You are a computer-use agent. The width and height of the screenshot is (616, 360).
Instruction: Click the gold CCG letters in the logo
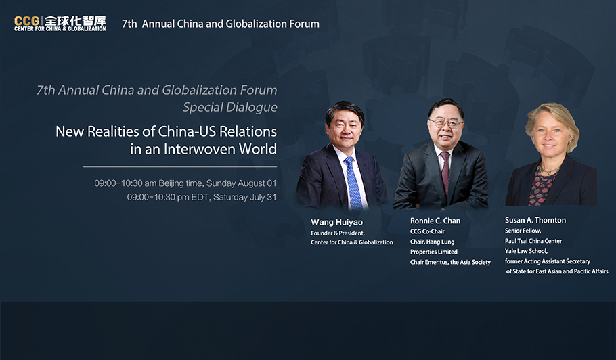[26, 21]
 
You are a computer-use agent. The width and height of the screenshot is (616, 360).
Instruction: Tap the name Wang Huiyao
[336, 222]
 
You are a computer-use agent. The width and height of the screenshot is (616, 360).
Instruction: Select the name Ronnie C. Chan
[435, 221]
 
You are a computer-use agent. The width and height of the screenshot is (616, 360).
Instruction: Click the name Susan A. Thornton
[535, 220]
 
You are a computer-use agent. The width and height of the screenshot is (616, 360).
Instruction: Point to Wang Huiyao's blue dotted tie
[353, 183]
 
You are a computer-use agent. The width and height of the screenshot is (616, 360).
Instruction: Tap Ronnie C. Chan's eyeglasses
[446, 124]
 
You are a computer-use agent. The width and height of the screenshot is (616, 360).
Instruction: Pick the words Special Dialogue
[230, 107]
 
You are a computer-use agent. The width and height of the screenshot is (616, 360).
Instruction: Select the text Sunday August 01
[241, 183]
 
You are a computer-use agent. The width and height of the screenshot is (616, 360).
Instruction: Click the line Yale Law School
[526, 251]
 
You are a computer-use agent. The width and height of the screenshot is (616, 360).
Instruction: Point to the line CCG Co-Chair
[427, 231]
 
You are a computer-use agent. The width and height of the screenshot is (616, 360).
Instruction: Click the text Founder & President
[338, 233]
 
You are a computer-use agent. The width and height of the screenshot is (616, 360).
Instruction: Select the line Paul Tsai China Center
[533, 241]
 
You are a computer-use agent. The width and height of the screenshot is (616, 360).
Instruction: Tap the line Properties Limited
[434, 252]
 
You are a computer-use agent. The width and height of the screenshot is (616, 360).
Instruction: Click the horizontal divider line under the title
[180, 167]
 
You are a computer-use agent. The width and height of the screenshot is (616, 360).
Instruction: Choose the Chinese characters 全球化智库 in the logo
[74, 21]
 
